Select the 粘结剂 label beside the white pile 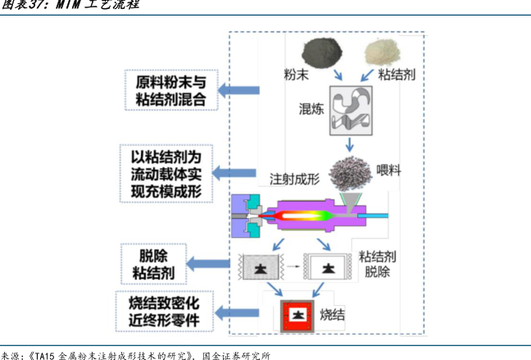coord(396,75)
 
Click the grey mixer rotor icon coord(351,110)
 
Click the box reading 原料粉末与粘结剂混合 coord(171,91)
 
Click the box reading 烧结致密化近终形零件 coord(164,312)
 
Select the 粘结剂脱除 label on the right coord(377,263)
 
